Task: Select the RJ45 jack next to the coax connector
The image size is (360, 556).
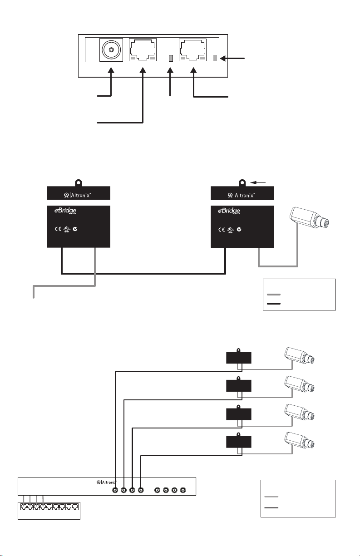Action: [143, 50]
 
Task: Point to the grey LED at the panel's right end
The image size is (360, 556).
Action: [215, 58]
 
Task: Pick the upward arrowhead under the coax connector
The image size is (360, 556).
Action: [112, 70]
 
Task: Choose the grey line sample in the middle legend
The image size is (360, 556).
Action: [274, 294]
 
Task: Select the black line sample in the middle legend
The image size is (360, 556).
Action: [274, 303]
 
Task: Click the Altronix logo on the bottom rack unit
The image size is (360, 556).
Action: [107, 482]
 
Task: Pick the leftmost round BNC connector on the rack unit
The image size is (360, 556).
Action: [116, 491]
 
